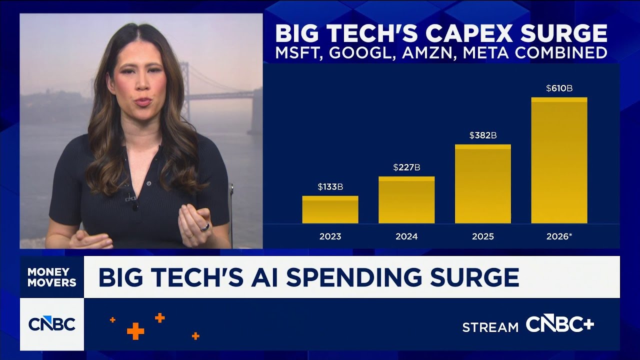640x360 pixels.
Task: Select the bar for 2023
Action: pyautogui.click(x=330, y=210)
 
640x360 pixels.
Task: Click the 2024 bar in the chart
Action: pyautogui.click(x=406, y=200)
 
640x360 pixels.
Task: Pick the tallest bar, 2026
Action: pyautogui.click(x=559, y=160)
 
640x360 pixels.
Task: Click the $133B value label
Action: pyautogui.click(x=330, y=187)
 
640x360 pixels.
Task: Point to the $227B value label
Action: pyautogui.click(x=406, y=167)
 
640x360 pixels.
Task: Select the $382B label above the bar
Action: pyautogui.click(x=483, y=135)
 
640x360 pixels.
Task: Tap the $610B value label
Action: pyautogui.click(x=559, y=88)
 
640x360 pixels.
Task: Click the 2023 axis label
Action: pyautogui.click(x=330, y=236)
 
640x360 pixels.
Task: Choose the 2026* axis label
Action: pyautogui.click(x=559, y=236)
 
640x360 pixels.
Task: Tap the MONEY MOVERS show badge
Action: pyautogui.click(x=52, y=277)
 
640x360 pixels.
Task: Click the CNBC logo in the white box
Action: pyautogui.click(x=52, y=324)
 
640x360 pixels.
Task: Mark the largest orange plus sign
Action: pyautogui.click(x=135, y=331)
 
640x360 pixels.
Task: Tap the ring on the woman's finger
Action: pyautogui.click(x=204, y=227)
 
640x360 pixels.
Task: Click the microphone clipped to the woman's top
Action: pyautogui.click(x=130, y=197)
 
